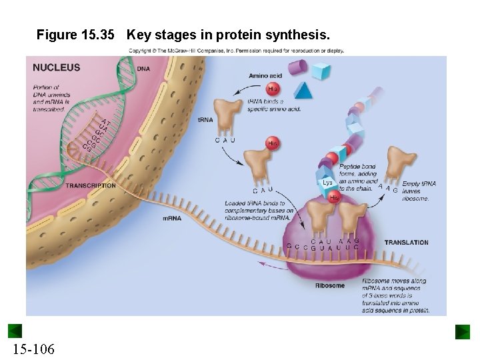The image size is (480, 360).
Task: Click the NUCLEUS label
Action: (56, 67)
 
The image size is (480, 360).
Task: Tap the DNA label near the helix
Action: (143, 69)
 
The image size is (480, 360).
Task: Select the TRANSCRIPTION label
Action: (91, 185)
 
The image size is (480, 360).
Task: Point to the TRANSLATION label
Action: (406, 243)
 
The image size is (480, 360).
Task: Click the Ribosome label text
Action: (330, 285)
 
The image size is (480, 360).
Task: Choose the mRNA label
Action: (172, 218)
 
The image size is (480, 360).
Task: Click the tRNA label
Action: (205, 120)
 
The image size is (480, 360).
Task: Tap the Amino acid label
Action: (265, 76)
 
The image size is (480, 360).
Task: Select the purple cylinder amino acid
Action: (298, 67)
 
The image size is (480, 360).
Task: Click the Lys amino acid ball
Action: (327, 182)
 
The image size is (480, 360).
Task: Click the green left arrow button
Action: (15, 331)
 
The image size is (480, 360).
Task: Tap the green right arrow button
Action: (463, 331)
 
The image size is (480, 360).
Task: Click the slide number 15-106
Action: (33, 349)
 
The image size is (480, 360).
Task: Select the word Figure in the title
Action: (56, 34)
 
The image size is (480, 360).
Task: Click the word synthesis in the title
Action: (298, 34)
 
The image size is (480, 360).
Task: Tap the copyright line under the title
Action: (236, 51)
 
